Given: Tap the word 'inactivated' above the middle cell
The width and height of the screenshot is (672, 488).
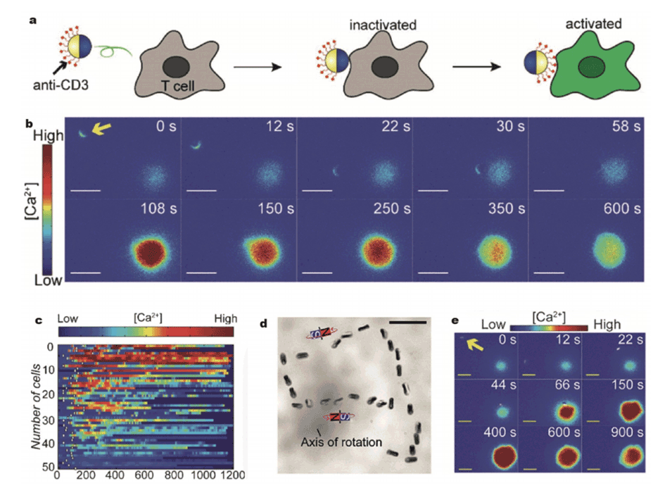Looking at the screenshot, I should pos(383,25).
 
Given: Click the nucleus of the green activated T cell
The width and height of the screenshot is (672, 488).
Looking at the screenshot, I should pos(587,67).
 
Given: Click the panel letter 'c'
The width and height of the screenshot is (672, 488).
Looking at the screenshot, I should pos(38,320).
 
